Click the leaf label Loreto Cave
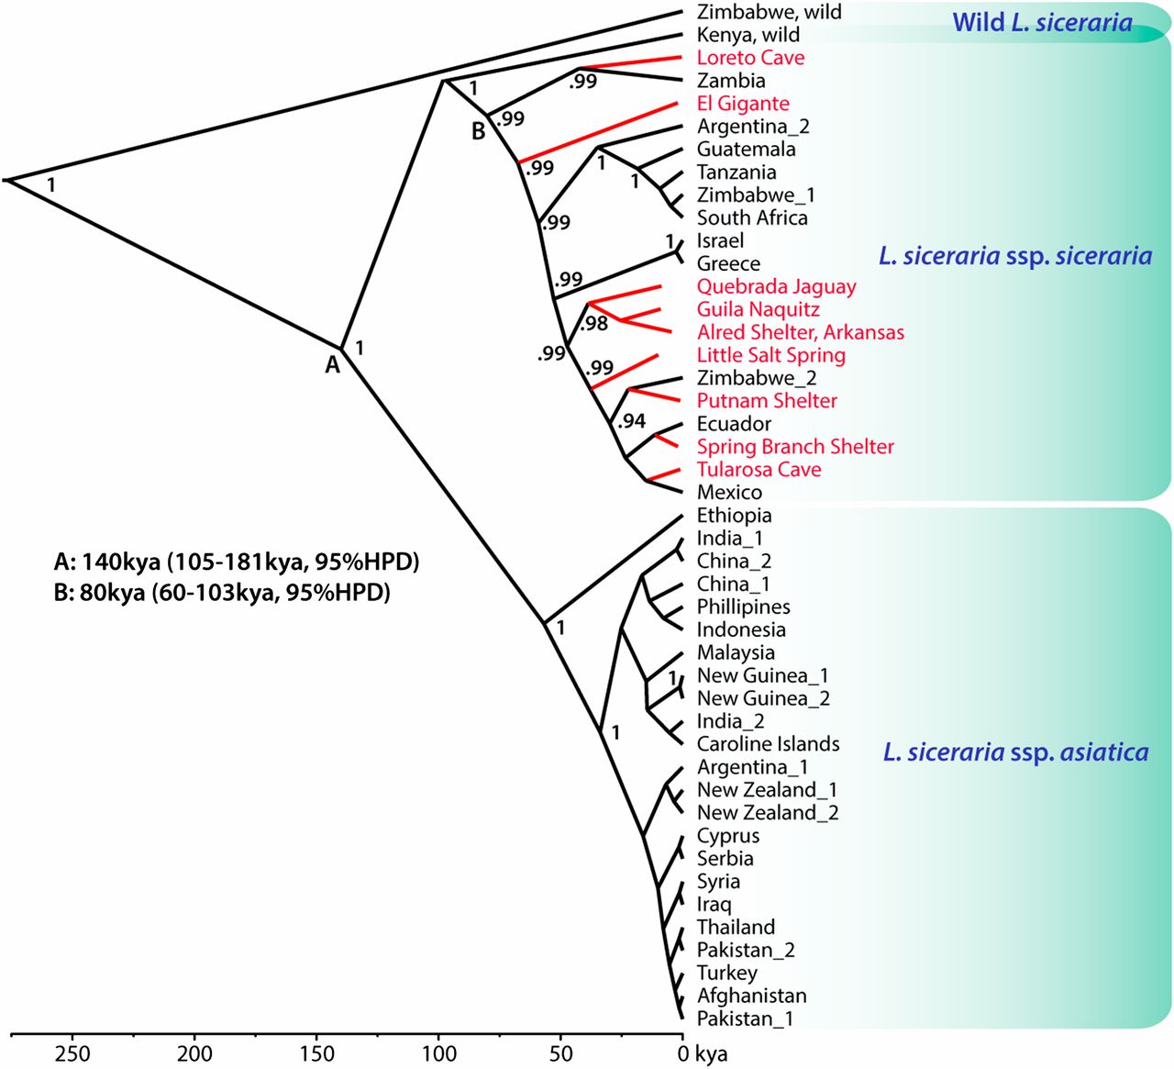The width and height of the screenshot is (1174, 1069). [750, 58]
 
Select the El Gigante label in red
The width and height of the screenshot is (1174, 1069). [743, 104]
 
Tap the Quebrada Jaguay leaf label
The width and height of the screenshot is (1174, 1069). [776, 286]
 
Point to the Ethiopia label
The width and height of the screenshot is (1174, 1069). [734, 516]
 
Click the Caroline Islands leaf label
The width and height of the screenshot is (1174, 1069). [768, 744]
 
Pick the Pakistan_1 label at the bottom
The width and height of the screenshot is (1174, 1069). [745, 1019]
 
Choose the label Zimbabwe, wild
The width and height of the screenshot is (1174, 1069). [769, 13]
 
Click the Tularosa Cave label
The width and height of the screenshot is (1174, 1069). [759, 470]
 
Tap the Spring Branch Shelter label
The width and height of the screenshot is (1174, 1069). [795, 447]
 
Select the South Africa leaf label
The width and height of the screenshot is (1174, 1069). [752, 218]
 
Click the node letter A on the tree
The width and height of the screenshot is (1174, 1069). [332, 365]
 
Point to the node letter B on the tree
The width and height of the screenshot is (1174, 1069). [478, 132]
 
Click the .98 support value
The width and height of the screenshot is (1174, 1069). [593, 323]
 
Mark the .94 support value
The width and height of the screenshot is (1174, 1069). [631, 421]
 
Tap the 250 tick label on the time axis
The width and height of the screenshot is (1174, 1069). [72, 1053]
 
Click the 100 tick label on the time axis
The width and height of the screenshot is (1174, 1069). [438, 1053]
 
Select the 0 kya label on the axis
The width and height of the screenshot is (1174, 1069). [703, 1053]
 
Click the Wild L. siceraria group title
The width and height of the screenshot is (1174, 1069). [1042, 22]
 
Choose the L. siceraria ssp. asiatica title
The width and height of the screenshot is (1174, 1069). [1015, 753]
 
